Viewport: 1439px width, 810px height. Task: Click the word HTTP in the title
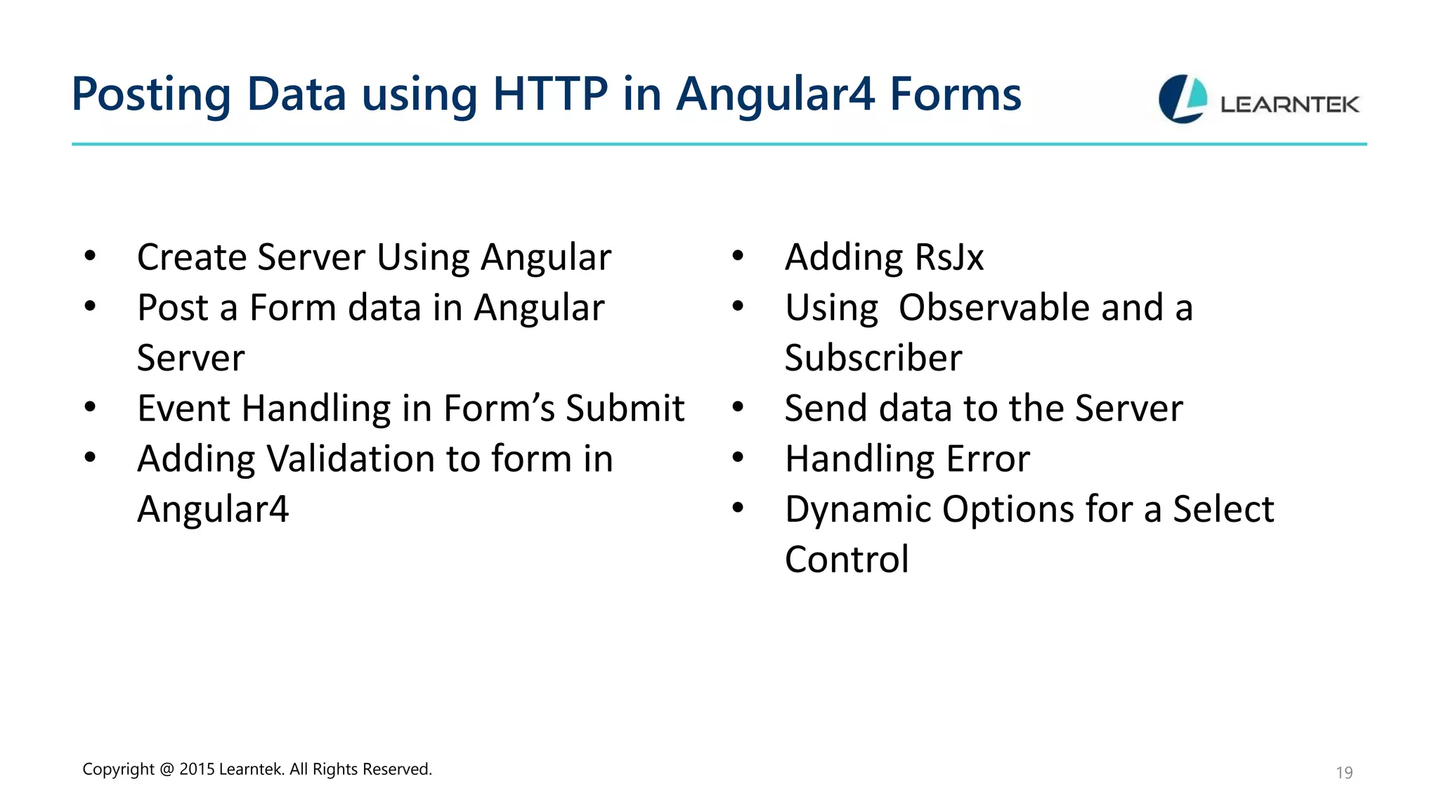[x=550, y=94]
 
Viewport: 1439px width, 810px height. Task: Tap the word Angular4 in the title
[x=775, y=94]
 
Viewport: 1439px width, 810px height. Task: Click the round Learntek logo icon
[x=1183, y=99]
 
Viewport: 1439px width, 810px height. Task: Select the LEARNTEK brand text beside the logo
[x=1289, y=105]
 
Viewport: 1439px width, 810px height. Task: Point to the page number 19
[x=1343, y=773]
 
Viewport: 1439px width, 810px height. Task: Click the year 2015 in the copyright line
[x=197, y=769]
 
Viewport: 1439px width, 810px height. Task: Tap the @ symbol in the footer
[x=167, y=769]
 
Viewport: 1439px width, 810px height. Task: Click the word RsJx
[x=949, y=257]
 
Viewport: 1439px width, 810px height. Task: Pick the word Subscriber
[x=873, y=358]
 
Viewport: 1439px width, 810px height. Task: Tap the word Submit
[x=625, y=409]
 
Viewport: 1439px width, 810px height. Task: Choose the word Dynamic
[x=858, y=510]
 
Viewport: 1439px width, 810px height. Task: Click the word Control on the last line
[x=847, y=560]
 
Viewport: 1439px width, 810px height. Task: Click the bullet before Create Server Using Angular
[x=90, y=256]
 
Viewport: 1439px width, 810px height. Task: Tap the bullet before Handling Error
[x=738, y=458]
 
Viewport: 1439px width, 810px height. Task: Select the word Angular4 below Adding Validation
[x=213, y=510]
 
